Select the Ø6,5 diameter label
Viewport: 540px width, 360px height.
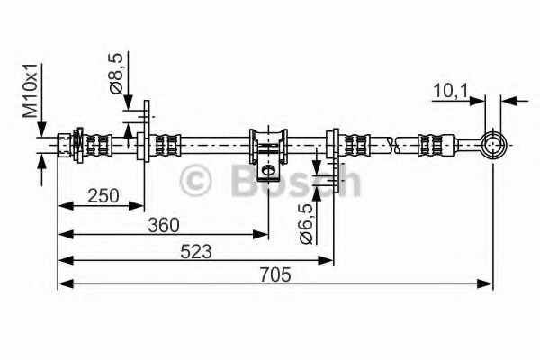point(305,223)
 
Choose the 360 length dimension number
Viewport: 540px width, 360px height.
point(163,224)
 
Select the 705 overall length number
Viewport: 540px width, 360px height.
point(275,275)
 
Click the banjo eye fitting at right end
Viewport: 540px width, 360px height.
point(492,143)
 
